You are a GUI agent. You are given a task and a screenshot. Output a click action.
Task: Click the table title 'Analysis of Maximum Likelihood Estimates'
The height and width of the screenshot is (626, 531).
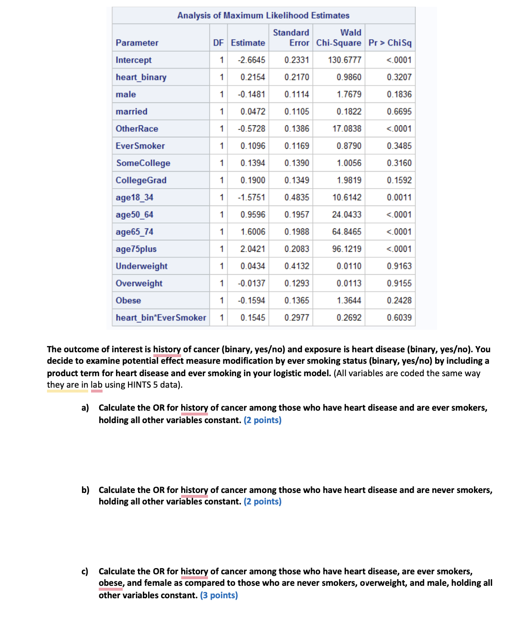pyautogui.click(x=263, y=15)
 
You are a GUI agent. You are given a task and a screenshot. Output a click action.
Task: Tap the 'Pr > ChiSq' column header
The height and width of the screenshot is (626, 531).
pyautogui.click(x=390, y=43)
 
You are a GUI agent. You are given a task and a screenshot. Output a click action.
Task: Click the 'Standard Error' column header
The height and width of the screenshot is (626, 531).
pyautogui.click(x=291, y=38)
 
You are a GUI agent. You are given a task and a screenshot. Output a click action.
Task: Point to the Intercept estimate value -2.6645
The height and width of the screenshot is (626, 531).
pyautogui.click(x=251, y=60)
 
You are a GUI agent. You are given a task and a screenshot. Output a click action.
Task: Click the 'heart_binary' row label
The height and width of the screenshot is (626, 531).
pyautogui.click(x=141, y=77)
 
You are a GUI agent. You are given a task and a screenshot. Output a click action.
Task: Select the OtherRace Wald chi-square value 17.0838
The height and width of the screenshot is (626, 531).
pyautogui.click(x=346, y=129)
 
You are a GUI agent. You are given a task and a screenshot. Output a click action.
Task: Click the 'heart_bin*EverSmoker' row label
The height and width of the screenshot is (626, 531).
pyautogui.click(x=161, y=318)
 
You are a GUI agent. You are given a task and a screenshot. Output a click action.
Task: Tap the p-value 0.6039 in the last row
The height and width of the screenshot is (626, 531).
pyautogui.click(x=399, y=318)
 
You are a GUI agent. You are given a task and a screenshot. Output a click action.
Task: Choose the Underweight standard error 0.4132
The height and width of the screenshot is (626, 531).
pyautogui.click(x=297, y=266)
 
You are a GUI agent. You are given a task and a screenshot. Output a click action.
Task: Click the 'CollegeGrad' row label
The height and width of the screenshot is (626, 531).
pyautogui.click(x=141, y=180)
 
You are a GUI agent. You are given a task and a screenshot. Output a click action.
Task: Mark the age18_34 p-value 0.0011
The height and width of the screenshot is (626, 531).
pyautogui.click(x=399, y=198)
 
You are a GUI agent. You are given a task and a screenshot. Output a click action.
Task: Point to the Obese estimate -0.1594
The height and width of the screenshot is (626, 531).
pyautogui.click(x=251, y=301)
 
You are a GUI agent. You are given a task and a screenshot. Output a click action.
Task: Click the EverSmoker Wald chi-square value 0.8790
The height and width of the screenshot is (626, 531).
pyautogui.click(x=348, y=146)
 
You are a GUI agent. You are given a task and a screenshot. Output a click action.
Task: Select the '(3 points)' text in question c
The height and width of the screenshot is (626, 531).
pyautogui.click(x=219, y=595)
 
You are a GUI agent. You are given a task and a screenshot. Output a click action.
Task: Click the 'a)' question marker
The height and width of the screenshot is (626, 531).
pyautogui.click(x=85, y=408)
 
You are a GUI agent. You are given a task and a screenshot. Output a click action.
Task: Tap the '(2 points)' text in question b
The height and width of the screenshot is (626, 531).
pyautogui.click(x=262, y=502)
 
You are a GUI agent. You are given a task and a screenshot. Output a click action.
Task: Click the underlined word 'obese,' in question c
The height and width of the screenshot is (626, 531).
pyautogui.click(x=111, y=583)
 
